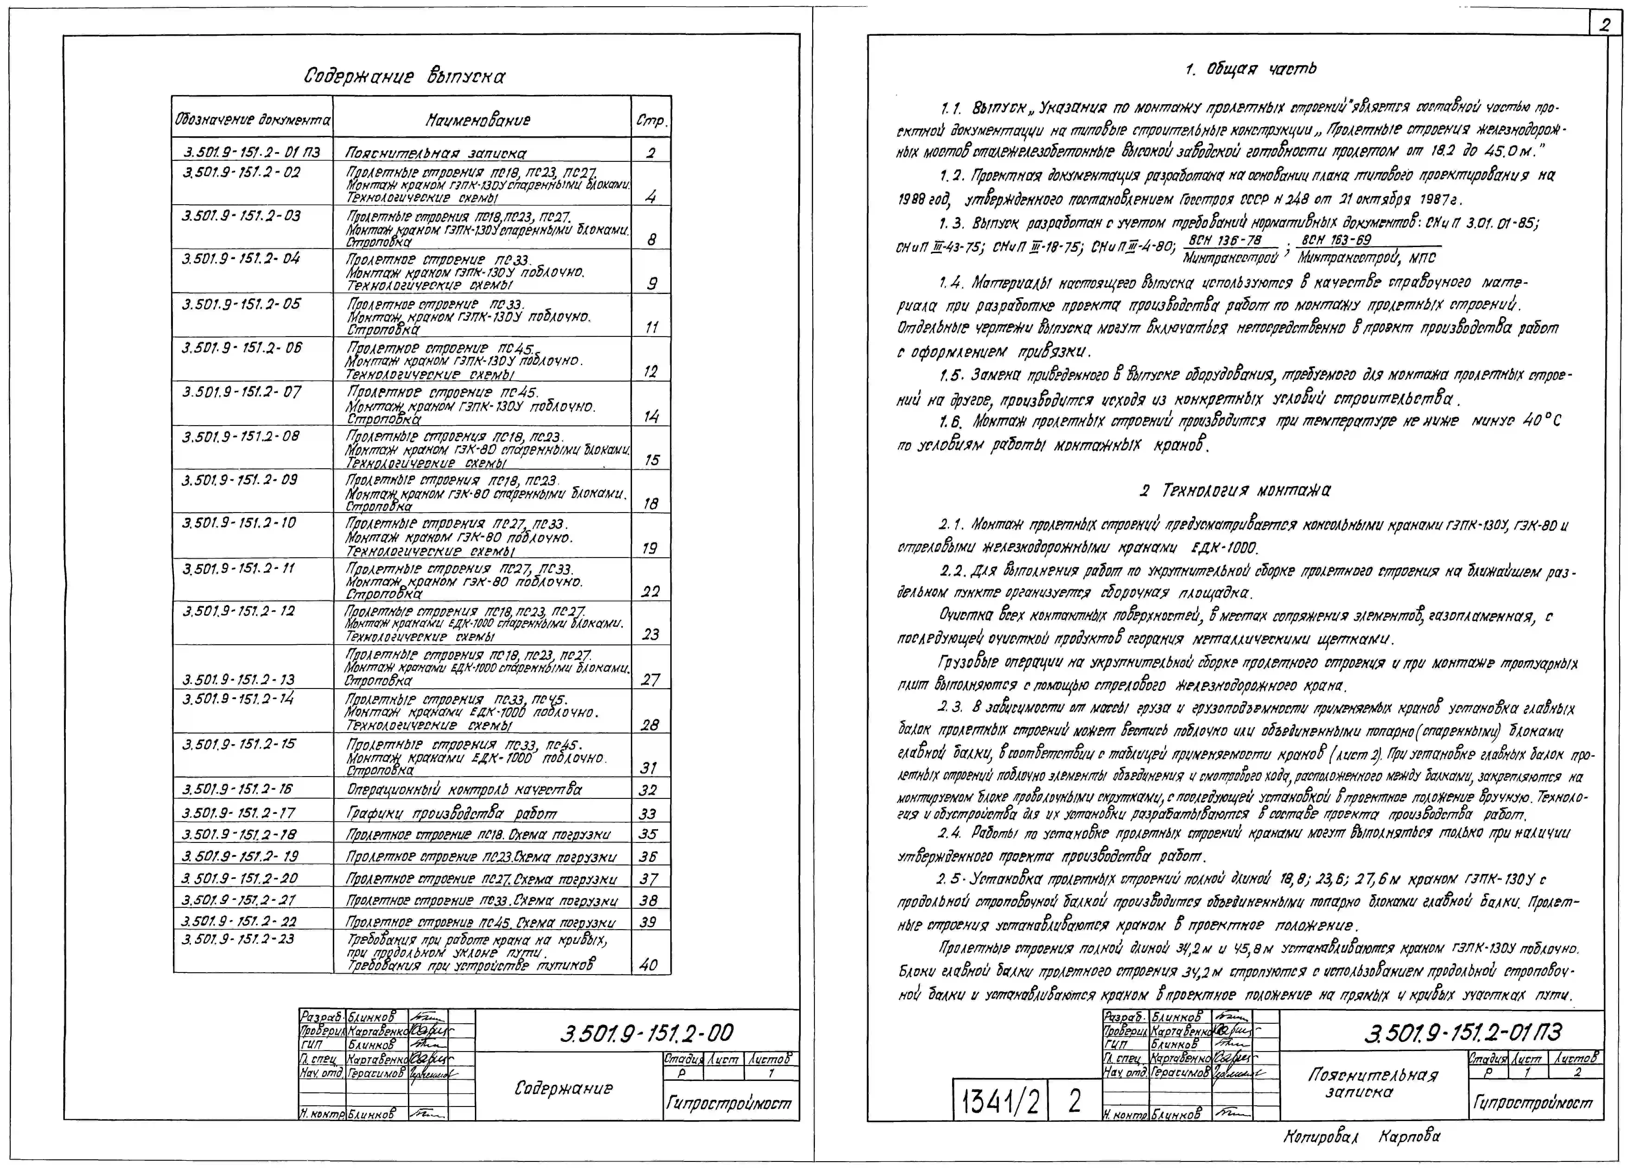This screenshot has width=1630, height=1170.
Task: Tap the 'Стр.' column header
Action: tap(651, 121)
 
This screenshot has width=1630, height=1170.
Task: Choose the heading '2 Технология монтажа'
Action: tap(1235, 491)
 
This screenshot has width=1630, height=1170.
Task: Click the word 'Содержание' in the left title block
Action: tap(563, 1088)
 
